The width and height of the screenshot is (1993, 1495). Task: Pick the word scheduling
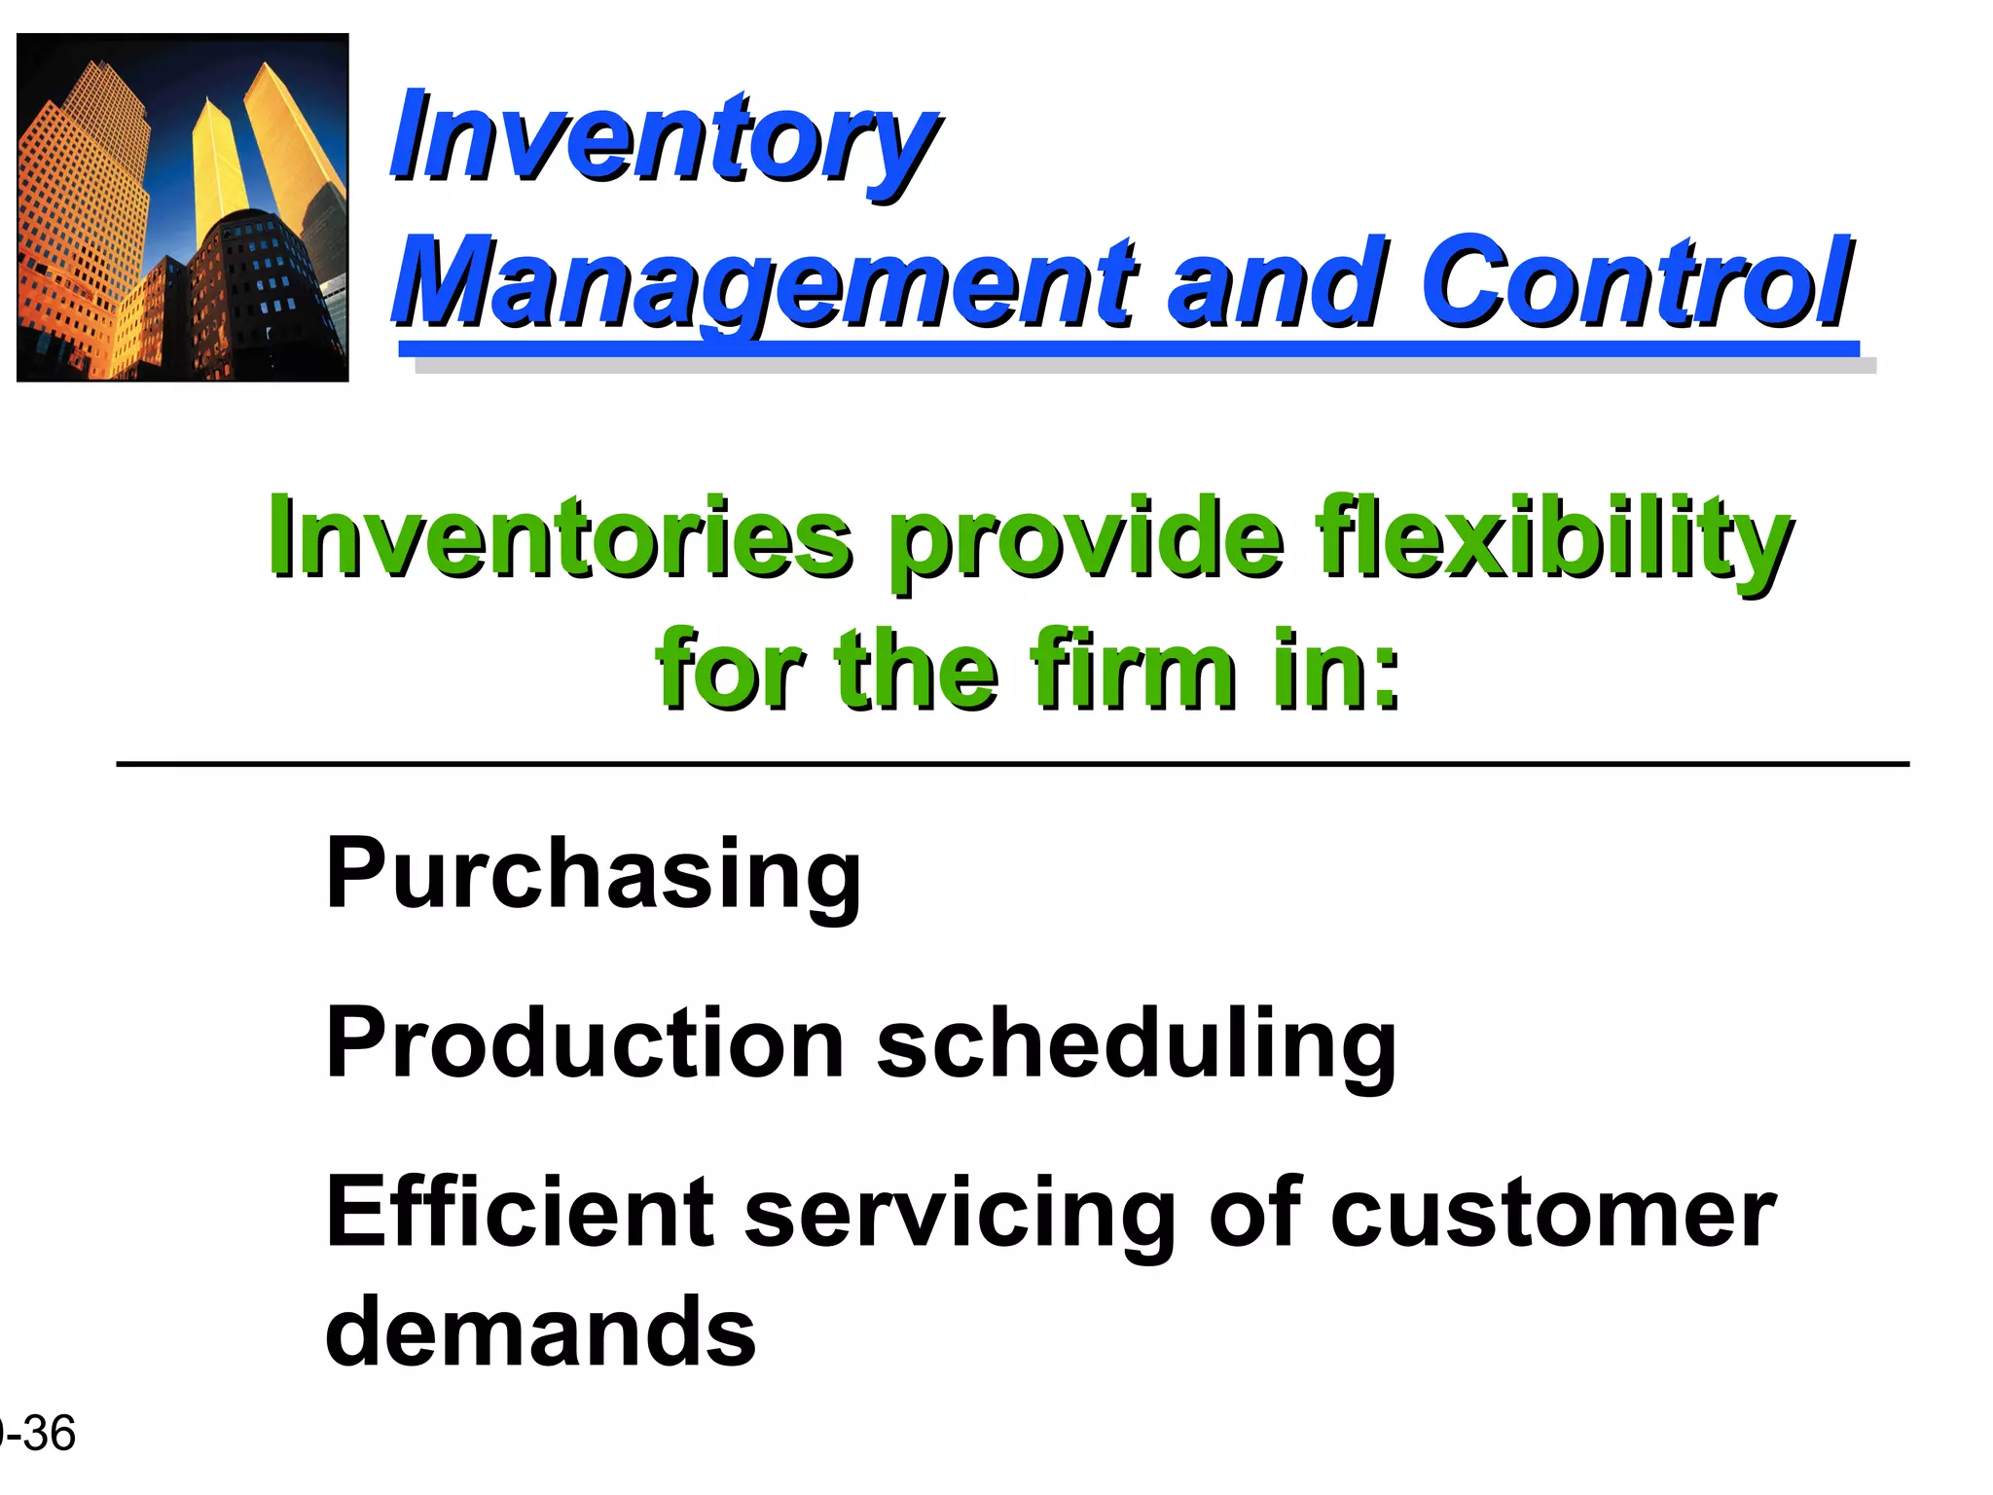1137,1046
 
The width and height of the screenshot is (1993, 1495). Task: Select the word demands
540,1331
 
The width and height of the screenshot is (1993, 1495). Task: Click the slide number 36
49,1434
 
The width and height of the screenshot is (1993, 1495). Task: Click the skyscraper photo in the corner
183,207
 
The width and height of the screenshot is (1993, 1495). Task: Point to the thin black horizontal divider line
1012,765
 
